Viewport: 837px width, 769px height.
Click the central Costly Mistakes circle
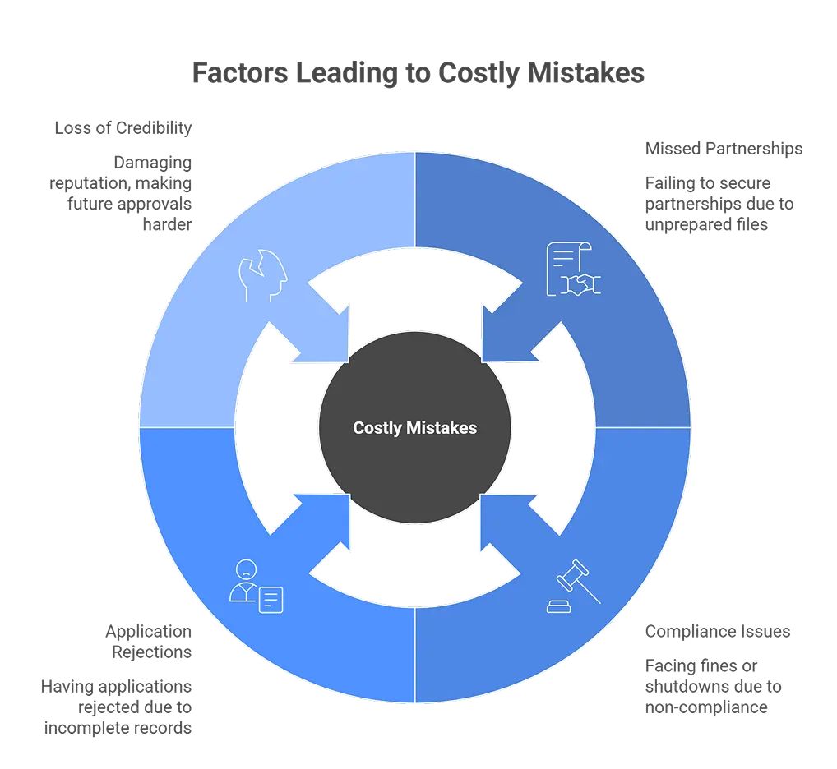click(414, 428)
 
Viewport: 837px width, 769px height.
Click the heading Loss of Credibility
click(123, 128)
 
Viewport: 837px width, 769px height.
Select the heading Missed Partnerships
click(724, 149)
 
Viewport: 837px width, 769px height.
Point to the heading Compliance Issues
click(717, 631)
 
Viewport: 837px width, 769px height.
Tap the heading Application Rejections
click(148, 641)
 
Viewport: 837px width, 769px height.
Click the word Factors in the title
click(238, 73)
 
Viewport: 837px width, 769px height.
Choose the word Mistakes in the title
click(585, 73)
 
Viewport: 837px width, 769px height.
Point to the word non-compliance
click(706, 707)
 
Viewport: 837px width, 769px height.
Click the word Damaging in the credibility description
click(153, 163)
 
